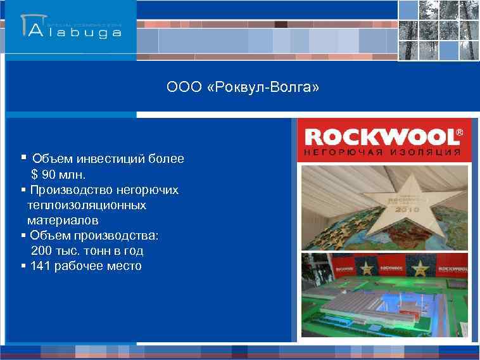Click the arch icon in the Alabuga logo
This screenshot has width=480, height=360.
[31, 25]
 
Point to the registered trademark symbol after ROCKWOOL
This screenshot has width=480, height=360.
[459, 132]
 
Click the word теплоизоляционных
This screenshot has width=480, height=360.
[86, 205]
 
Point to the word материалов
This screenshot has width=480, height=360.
[63, 221]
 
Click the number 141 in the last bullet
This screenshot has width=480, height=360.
[41, 266]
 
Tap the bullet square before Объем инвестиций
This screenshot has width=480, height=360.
[23, 157]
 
